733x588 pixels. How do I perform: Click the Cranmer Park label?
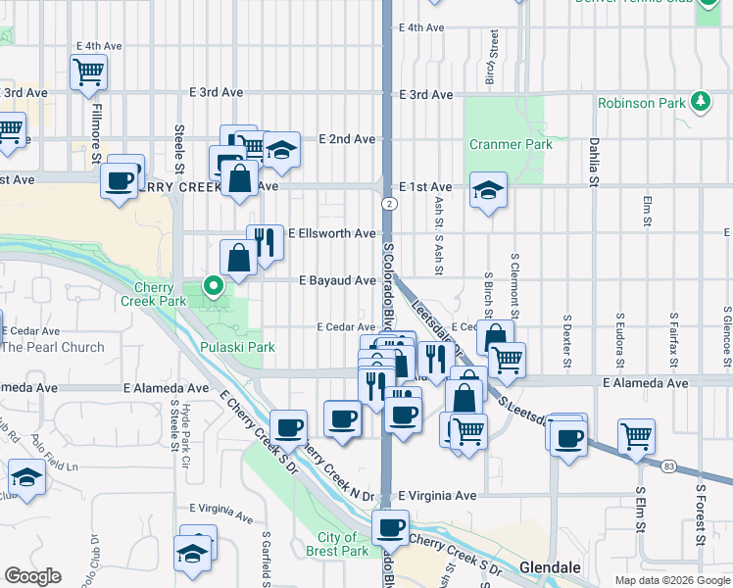tap(511, 145)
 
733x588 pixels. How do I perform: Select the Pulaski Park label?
tap(237, 347)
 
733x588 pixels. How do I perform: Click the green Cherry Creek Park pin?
tap(213, 286)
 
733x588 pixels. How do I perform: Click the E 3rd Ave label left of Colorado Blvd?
tap(216, 92)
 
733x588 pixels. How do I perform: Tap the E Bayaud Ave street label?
tap(338, 280)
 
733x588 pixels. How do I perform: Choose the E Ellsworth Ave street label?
tap(332, 234)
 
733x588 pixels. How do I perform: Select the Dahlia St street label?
tap(593, 161)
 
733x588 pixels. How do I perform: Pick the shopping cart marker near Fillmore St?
tap(88, 71)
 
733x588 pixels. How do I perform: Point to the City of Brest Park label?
tap(343, 544)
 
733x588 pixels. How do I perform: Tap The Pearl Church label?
tap(53, 347)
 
